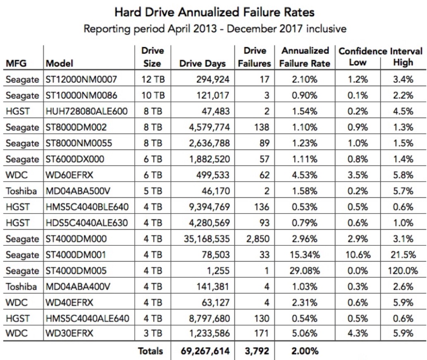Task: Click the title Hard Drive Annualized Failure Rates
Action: pos(214,12)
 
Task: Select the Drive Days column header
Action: pos(202,63)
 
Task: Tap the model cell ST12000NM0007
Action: pos(81,79)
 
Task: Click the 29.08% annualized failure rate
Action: pos(305,271)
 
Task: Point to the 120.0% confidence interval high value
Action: pos(403,271)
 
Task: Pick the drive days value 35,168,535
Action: pos(207,239)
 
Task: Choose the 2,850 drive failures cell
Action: pos(258,239)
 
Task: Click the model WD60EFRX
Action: pos(69,175)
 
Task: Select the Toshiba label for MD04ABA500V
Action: pos(21,191)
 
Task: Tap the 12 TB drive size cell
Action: pos(153,79)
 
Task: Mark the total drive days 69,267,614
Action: pos(205,351)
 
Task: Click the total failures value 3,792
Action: pos(257,351)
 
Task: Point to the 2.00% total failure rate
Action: pos(305,351)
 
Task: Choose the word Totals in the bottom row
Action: pos(150,351)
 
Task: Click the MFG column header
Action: pos(16,63)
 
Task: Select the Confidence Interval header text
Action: pos(380,51)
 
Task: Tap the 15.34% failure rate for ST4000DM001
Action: pos(305,255)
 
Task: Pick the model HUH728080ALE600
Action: pos(86,111)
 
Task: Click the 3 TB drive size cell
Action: pos(153,333)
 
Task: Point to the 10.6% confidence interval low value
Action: pos(358,255)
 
